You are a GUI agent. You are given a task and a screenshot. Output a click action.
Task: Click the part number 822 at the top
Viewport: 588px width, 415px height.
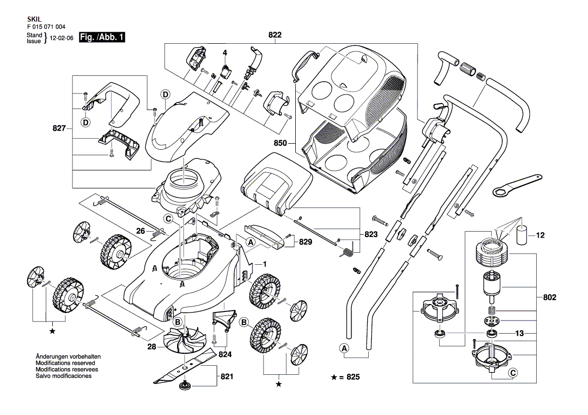275,35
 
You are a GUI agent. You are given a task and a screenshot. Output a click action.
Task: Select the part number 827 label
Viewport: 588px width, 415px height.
59,129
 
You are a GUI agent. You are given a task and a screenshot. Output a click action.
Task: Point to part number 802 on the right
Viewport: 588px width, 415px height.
550,297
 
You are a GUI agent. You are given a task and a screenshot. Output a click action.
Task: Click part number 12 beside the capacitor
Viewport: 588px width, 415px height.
540,235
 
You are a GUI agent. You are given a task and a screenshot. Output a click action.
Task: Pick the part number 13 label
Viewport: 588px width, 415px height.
520,333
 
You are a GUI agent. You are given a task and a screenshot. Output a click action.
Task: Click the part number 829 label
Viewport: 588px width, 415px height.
305,242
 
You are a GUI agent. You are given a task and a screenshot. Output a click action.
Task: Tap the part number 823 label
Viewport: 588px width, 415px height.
371,234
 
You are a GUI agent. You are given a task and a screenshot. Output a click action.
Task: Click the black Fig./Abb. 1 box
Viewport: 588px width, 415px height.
102,38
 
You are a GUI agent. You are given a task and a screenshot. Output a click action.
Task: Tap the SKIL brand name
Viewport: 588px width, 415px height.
33,18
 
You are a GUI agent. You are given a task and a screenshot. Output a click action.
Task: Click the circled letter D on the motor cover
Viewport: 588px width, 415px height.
165,94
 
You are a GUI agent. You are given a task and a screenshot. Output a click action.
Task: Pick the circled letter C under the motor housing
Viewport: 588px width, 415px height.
168,219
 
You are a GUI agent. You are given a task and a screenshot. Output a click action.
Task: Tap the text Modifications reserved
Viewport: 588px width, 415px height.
65,363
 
